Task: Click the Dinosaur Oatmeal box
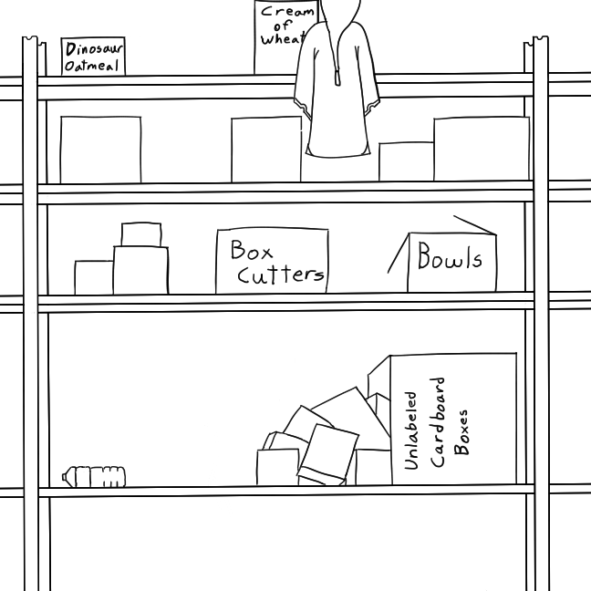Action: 92,57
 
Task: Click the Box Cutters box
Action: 272,261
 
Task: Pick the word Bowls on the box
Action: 450,258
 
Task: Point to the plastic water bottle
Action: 95,476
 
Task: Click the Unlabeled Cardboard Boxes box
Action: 453,420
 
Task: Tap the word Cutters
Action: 280,273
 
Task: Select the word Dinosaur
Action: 94,49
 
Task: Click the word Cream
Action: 286,12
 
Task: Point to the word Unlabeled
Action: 411,430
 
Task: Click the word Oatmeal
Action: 92,67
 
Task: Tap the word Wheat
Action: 279,39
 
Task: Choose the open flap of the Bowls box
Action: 474,224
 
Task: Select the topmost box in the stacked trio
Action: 140,234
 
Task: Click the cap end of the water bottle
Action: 66,475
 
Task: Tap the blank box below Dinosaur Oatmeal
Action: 100,150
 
